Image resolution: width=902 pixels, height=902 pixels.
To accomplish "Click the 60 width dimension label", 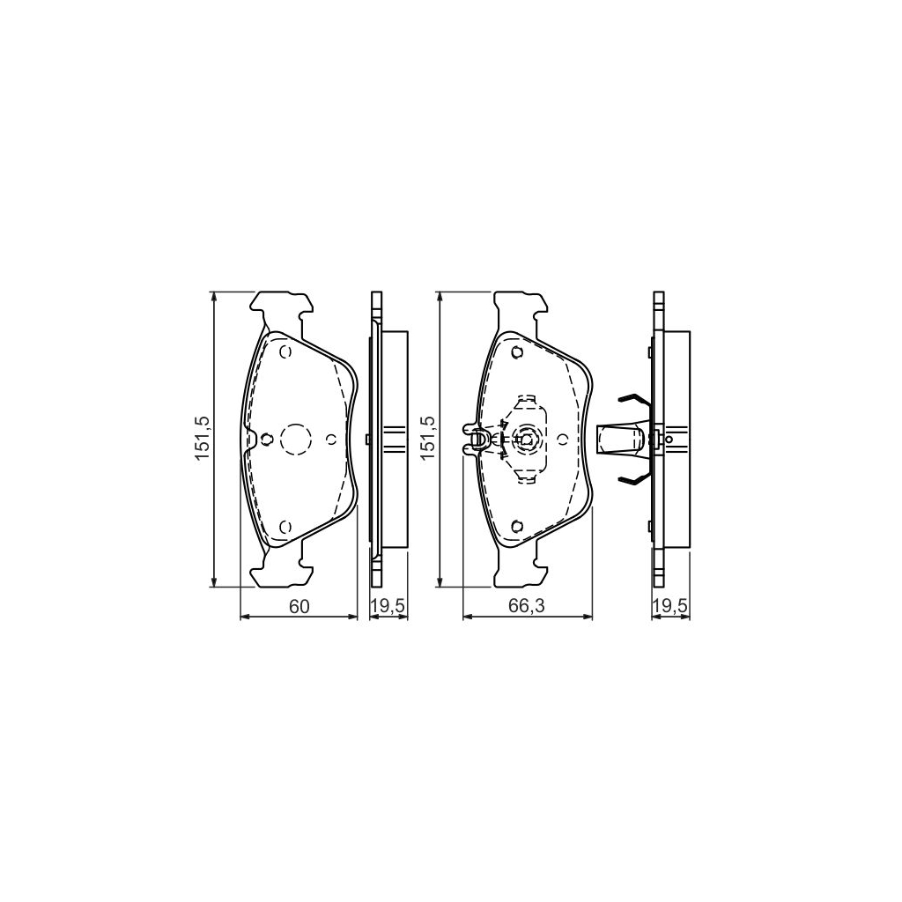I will (299, 606).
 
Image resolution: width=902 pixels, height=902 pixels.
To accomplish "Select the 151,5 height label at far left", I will (202, 438).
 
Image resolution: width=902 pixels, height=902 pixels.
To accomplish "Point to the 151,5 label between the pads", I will (427, 438).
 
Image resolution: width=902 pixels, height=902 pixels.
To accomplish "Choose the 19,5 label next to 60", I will (388, 606).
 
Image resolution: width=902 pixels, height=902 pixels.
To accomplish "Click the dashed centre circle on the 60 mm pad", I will (294, 439).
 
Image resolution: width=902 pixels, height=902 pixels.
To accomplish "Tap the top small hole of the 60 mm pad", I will (284, 352).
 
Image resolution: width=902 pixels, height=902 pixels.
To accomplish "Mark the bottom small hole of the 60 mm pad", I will (284, 526).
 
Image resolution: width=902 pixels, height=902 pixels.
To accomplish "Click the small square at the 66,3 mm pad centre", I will (526, 439).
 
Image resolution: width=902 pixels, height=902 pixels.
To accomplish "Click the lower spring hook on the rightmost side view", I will (631, 477).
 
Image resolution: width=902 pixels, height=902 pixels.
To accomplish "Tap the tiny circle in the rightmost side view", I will (669, 439).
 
